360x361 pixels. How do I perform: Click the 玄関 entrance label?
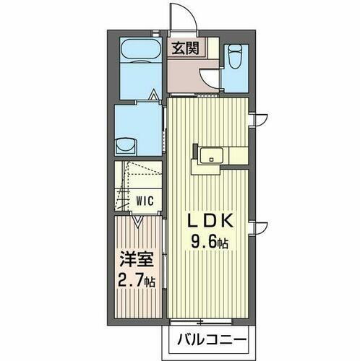click(185, 49)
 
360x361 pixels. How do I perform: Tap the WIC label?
click(145, 200)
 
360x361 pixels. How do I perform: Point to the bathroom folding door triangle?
click(153, 95)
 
